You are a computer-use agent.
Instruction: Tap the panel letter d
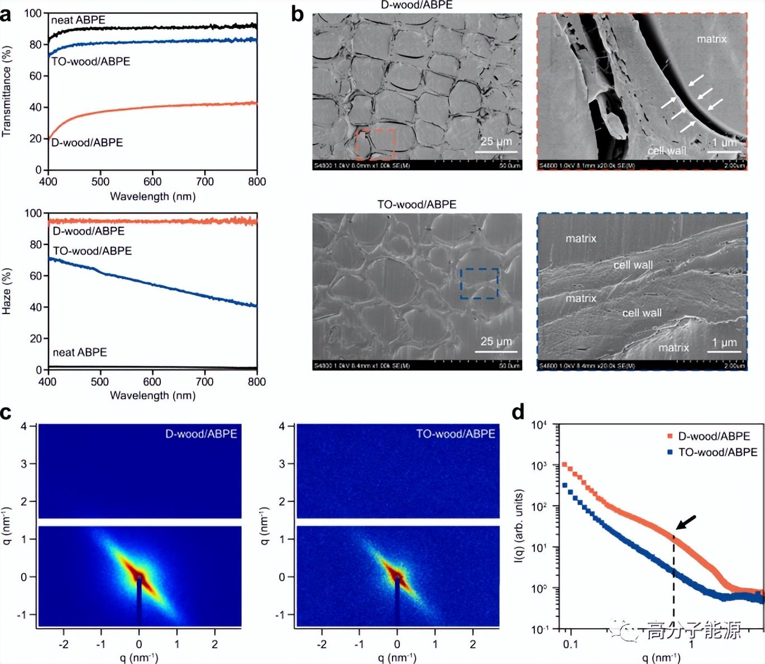coord(518,412)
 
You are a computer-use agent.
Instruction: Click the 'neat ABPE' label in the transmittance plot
coord(78,20)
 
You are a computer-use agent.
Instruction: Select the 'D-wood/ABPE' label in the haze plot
coord(88,231)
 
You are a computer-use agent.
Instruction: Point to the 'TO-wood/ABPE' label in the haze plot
coord(92,251)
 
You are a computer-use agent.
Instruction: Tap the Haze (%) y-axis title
coord(7,291)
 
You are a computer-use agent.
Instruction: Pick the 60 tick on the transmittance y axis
coord(36,75)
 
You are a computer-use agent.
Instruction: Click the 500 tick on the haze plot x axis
coord(99,382)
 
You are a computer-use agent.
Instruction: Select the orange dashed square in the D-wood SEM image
coord(375,144)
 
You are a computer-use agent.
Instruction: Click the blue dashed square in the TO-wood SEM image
coord(479,283)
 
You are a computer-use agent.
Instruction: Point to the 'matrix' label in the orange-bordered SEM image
coord(711,39)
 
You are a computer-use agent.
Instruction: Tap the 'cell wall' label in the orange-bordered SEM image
coord(667,150)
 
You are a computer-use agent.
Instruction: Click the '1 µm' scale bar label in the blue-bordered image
coord(724,343)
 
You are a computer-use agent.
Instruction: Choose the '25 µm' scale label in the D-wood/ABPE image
coord(496,141)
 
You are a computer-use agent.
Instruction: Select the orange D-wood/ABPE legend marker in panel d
coord(670,436)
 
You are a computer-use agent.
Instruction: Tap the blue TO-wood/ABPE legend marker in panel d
coord(670,452)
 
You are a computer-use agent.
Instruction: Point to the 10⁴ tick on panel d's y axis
coord(538,425)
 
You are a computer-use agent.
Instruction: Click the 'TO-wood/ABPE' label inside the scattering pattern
coord(456,434)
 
